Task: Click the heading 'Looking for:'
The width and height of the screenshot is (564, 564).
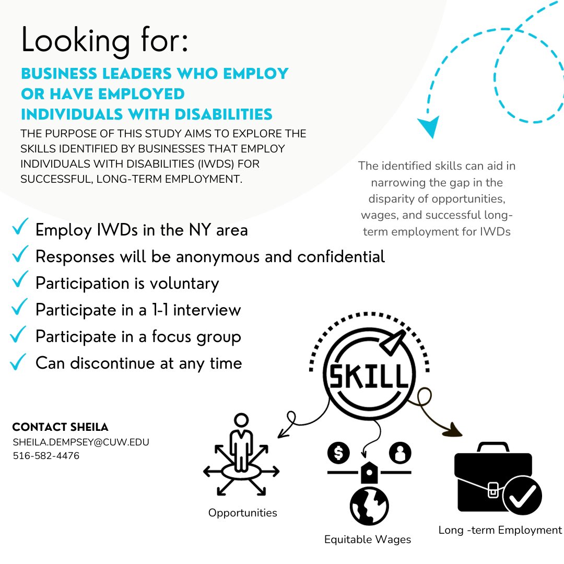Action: tap(104, 40)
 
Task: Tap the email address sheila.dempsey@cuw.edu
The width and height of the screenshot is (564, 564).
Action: tap(81, 442)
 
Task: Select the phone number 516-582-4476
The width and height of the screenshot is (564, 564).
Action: tap(46, 456)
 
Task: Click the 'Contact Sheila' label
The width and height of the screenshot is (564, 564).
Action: tap(60, 427)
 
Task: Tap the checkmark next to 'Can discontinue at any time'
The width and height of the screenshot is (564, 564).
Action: tap(19, 361)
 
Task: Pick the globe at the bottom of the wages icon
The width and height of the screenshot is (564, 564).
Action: tap(369, 506)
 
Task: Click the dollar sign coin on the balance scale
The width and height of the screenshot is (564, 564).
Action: tap(338, 453)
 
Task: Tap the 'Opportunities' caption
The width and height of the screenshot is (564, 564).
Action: tap(242, 513)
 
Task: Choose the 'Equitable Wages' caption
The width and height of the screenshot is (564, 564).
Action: tap(368, 539)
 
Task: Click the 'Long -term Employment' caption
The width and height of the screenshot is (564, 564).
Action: tap(500, 530)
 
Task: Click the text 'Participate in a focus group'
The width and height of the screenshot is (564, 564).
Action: tap(138, 337)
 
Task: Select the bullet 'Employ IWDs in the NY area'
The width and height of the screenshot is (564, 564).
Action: tap(141, 230)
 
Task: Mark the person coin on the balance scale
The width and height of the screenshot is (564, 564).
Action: tap(400, 453)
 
